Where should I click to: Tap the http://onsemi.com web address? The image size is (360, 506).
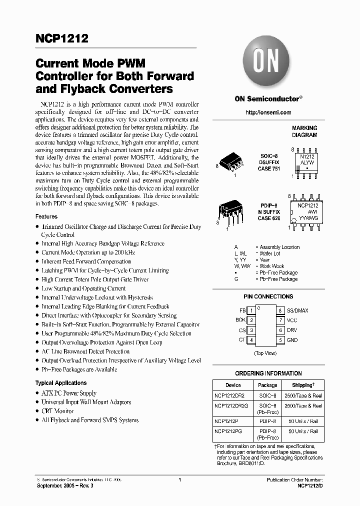(x=268, y=112)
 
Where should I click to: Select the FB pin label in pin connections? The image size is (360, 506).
(x=242, y=310)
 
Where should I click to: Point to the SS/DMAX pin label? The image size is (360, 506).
(x=297, y=310)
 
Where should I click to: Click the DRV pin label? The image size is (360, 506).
(x=292, y=330)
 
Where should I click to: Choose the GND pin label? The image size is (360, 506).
(x=292, y=340)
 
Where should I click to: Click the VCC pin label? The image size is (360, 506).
(x=292, y=320)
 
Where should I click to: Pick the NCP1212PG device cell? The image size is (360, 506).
(x=227, y=431)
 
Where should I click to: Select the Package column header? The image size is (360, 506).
(x=267, y=385)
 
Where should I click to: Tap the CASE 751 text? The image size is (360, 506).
(x=269, y=169)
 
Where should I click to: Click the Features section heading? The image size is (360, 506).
(x=46, y=217)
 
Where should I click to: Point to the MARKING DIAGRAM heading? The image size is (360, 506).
(x=304, y=131)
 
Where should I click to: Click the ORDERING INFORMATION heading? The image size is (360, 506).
(x=268, y=373)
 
